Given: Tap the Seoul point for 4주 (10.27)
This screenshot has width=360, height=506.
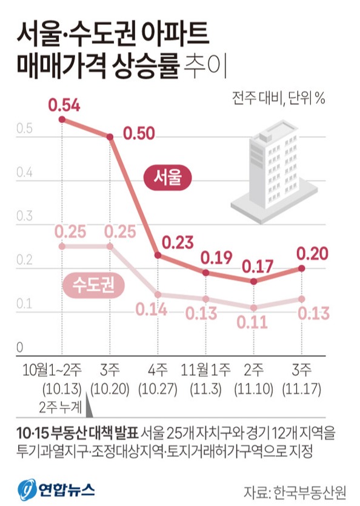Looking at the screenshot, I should (x=158, y=256).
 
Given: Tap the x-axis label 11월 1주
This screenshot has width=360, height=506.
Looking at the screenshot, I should (x=206, y=369).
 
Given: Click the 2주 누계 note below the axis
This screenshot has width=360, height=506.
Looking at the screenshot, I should (x=59, y=404).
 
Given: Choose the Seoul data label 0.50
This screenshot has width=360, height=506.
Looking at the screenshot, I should (x=139, y=132).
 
